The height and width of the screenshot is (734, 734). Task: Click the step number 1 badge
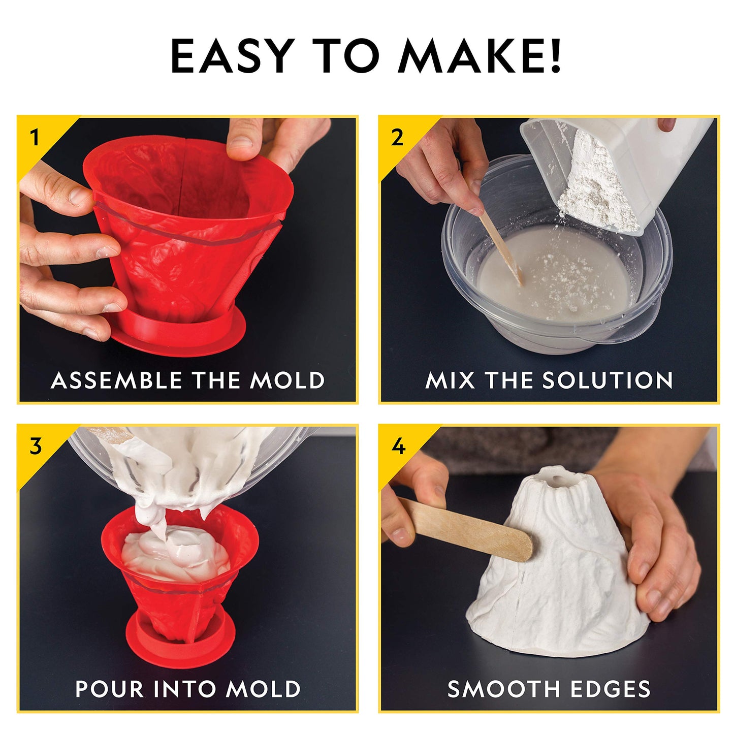pyautogui.click(x=35, y=138)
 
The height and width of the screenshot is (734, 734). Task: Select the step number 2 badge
pyautogui.click(x=397, y=138)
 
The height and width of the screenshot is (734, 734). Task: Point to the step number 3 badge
pyautogui.click(x=35, y=446)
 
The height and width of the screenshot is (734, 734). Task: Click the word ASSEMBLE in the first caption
pyautogui.click(x=116, y=380)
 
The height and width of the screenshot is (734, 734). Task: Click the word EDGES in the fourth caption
pyautogui.click(x=610, y=689)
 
